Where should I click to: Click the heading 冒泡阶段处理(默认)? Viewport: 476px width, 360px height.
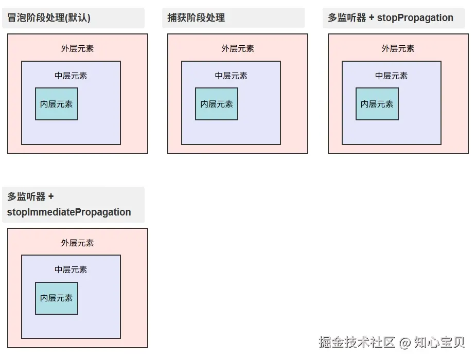[x=49, y=18]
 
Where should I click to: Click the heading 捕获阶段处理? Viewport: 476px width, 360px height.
[x=196, y=18]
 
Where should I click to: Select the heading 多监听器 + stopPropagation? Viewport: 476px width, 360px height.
[x=391, y=18]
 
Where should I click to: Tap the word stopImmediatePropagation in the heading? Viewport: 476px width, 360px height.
[x=69, y=212]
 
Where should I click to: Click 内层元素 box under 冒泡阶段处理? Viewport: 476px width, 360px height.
[x=57, y=104]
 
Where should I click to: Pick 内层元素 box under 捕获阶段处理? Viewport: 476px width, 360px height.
[x=217, y=104]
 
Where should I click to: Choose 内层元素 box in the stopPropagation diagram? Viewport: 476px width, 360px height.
[x=377, y=104]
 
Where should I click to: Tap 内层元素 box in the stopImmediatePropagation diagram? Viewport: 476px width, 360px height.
[x=57, y=298]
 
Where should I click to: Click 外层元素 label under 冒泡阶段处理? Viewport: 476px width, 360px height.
[x=77, y=49]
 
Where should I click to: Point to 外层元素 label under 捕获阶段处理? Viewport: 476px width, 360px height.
[x=238, y=49]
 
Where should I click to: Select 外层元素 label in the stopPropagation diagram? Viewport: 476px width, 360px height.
[x=398, y=49]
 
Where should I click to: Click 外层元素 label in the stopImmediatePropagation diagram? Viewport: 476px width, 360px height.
[x=77, y=243]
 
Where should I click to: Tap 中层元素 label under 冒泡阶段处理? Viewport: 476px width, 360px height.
[x=71, y=76]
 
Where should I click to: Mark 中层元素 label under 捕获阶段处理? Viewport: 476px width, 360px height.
[x=231, y=76]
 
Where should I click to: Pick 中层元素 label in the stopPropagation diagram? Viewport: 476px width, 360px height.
[x=391, y=76]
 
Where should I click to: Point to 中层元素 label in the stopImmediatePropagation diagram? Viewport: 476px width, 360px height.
[x=71, y=270]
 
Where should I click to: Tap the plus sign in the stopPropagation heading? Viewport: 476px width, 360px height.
[x=372, y=18]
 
